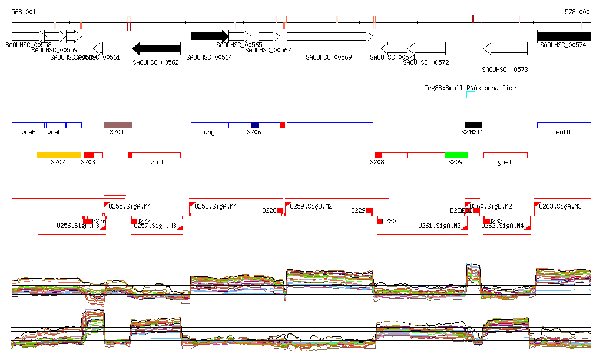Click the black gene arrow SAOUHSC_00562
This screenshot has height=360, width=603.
(157, 48)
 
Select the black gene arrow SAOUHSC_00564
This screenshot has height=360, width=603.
(209, 37)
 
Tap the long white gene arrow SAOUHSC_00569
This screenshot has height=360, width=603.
(330, 37)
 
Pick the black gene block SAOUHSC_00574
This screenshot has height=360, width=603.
(564, 37)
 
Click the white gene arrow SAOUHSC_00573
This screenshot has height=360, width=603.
(505, 48)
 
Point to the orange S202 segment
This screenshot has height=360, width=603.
(59, 155)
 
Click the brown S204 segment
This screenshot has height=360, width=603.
(118, 125)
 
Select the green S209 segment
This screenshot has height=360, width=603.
(456, 155)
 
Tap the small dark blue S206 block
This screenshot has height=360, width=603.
(255, 125)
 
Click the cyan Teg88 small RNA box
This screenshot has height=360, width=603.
(471, 95)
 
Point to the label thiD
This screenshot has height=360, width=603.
(155, 162)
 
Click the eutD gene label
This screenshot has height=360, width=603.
(563, 133)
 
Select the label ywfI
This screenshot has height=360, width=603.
(504, 162)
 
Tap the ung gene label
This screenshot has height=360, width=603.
(209, 133)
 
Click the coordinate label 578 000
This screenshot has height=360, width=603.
(577, 12)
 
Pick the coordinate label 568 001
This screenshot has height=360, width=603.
(24, 12)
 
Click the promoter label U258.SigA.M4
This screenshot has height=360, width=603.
(216, 207)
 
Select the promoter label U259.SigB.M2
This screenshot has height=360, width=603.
(312, 207)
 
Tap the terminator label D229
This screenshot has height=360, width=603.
(358, 210)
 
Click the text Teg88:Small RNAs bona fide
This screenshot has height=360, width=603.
(470, 88)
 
